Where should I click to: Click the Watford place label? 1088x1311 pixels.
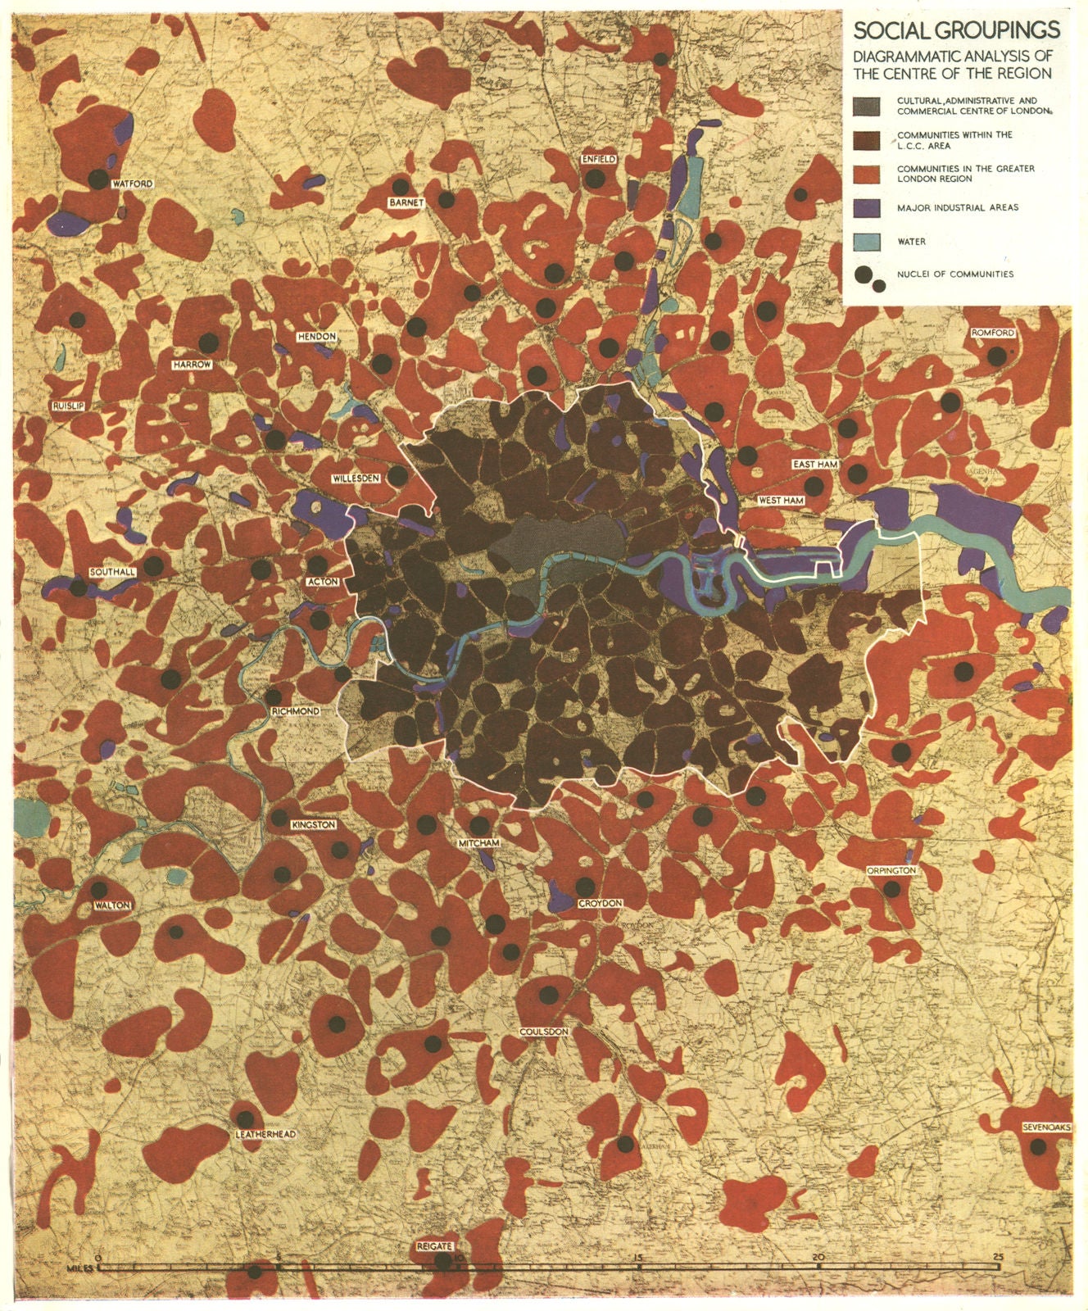(x=133, y=184)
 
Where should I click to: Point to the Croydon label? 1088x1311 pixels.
(x=601, y=903)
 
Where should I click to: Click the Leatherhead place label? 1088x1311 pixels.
(x=265, y=1134)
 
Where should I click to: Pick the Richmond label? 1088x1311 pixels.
(x=294, y=711)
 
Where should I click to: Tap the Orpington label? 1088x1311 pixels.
(x=891, y=870)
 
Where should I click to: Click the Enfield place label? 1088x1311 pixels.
(x=598, y=159)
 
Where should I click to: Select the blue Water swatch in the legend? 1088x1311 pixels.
(x=867, y=242)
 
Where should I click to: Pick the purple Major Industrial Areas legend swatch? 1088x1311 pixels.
(x=867, y=207)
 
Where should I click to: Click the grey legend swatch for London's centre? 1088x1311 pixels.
(x=867, y=105)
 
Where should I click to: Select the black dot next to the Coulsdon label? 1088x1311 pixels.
(x=549, y=996)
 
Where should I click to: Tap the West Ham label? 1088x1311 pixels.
(x=779, y=500)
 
